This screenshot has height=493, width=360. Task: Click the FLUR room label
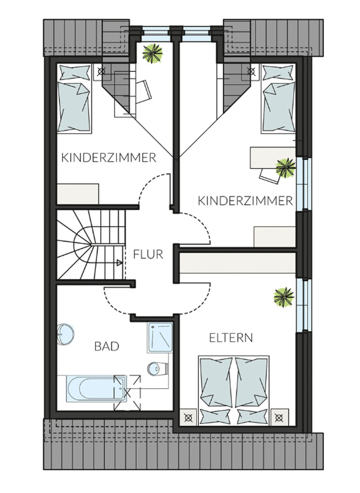(x=148, y=254)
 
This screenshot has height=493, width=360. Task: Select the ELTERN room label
(x=231, y=338)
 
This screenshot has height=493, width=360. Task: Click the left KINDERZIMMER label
(x=108, y=157)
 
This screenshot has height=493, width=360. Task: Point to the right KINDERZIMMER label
(x=245, y=201)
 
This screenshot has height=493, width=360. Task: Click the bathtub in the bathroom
(x=96, y=388)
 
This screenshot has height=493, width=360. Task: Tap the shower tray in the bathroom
(x=160, y=337)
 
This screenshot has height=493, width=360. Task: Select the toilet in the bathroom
(x=158, y=368)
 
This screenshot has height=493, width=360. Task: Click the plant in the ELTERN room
(x=283, y=297)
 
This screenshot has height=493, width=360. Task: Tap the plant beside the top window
(x=153, y=53)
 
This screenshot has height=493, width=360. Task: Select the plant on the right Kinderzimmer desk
(x=286, y=168)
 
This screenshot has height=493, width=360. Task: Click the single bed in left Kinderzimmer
(x=75, y=99)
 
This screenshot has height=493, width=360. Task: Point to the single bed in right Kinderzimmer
(x=279, y=99)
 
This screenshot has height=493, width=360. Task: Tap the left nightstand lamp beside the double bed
(x=189, y=417)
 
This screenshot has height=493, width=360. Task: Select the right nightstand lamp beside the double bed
(x=279, y=417)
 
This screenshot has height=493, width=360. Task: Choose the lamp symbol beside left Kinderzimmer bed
(x=101, y=72)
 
